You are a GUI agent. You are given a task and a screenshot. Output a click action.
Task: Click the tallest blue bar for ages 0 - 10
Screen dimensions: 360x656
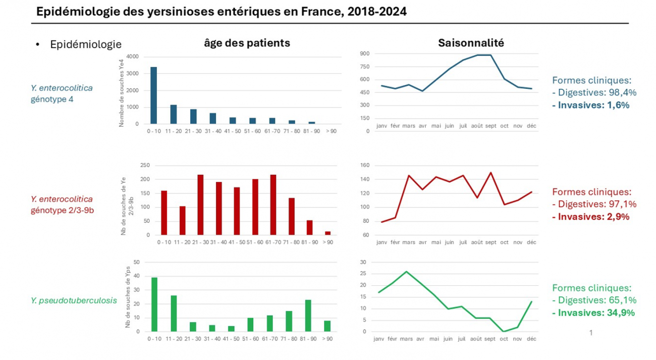(153, 95)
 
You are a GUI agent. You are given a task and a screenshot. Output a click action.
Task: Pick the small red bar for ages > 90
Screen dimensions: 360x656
(328, 233)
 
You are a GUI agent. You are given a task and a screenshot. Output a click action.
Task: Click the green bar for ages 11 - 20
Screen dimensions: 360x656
(174, 314)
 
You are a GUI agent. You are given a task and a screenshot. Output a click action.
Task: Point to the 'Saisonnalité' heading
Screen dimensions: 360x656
(471, 43)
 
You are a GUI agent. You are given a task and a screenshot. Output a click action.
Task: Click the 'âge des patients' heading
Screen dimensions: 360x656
(247, 43)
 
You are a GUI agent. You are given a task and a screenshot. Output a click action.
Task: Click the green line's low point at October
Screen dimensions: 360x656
(504, 331)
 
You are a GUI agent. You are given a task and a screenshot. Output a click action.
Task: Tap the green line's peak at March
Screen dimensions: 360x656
(407, 271)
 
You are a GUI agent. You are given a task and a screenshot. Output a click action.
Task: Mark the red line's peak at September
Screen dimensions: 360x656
(490, 173)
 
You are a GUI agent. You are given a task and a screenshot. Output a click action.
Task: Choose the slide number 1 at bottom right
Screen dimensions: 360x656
(591, 333)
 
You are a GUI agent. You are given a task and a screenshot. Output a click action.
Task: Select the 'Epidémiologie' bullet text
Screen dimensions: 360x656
(86, 44)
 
